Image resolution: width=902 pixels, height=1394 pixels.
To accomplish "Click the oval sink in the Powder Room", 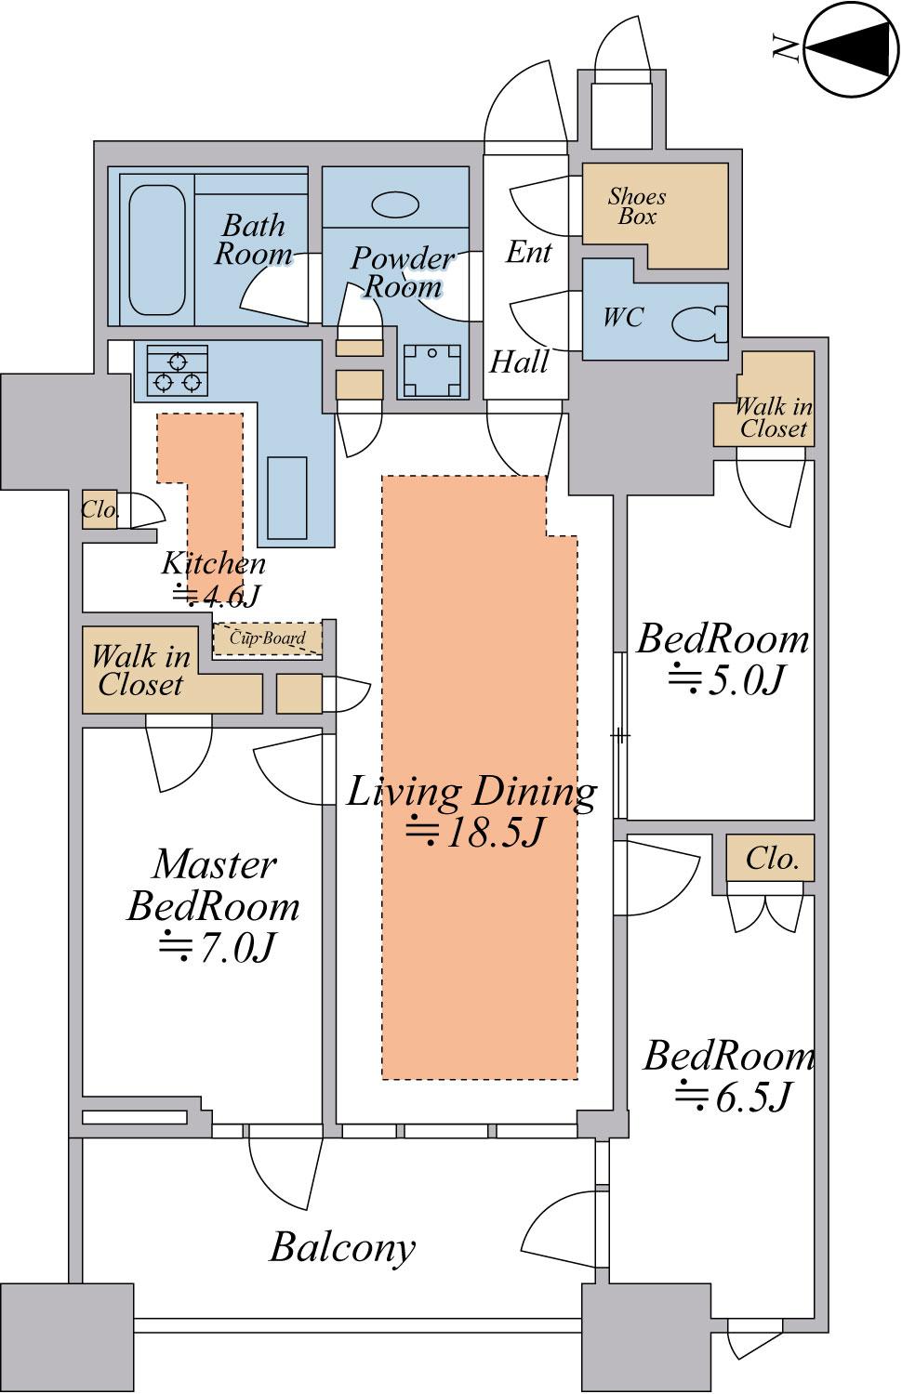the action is tap(394, 204).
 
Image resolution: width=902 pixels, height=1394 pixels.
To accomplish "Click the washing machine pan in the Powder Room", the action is tap(432, 370).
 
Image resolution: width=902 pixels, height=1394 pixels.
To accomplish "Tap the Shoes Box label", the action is tap(637, 206).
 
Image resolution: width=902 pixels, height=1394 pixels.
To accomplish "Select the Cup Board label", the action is tap(268, 638).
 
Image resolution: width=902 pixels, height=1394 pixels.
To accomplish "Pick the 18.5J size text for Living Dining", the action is tap(476, 833).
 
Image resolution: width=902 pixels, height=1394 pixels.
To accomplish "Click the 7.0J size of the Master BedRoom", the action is tap(217, 947).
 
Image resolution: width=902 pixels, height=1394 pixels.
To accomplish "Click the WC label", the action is tap(623, 318).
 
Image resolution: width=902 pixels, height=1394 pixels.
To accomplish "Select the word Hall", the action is tap(519, 362).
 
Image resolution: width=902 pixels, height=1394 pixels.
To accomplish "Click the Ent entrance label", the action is tap(528, 252).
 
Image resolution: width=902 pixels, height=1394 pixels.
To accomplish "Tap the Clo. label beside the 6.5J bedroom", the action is tap(772, 859).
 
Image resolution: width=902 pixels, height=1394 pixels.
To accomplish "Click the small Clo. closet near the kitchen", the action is tap(99, 510).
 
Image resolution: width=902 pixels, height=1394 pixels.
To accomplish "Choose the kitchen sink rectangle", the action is tap(287, 497).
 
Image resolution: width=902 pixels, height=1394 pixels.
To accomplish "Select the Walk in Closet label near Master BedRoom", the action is tap(140, 671).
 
